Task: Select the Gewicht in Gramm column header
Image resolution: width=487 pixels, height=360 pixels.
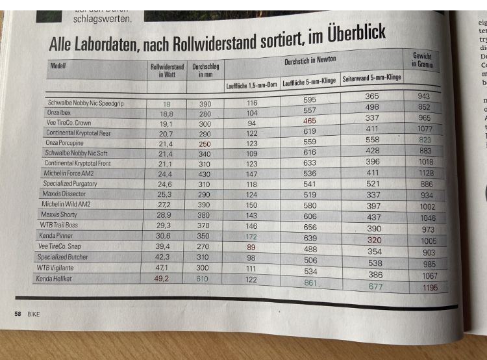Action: click(423, 60)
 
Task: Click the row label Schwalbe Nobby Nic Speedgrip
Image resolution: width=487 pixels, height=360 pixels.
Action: click(84, 103)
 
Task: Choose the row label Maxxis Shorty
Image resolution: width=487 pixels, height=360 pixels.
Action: click(60, 214)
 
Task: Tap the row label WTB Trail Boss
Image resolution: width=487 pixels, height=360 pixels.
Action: click(60, 225)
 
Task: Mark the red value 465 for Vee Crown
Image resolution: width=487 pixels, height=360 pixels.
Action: click(310, 121)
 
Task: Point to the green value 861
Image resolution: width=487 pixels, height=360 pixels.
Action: click(310, 283)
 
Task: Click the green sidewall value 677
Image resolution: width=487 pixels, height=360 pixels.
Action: click(375, 286)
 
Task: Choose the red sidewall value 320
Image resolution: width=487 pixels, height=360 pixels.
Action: click(373, 240)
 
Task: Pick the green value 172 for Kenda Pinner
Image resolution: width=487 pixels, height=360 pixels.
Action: click(251, 237)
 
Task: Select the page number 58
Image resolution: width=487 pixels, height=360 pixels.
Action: click(18, 313)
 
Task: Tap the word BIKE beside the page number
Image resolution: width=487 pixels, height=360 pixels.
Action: click(33, 313)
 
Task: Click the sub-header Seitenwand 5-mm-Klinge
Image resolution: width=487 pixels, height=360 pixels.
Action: click(371, 77)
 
